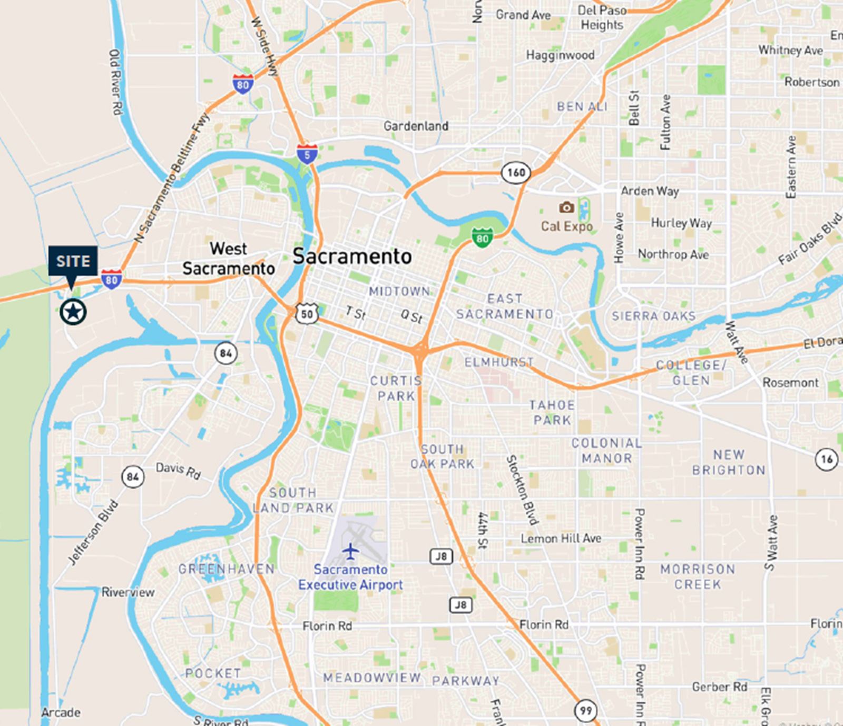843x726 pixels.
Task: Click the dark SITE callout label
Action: point(73,261)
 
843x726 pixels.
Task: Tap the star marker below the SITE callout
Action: point(73,312)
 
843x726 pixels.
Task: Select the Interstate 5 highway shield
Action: point(307,153)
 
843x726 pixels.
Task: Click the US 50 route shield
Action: point(307,314)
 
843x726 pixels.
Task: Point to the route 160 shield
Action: point(515,172)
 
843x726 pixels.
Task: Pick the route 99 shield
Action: point(585,711)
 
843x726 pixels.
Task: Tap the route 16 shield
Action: point(827,460)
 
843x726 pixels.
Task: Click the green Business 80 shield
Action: point(482,237)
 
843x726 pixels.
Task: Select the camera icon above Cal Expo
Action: point(567,207)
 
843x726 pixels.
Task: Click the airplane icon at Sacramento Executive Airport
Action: point(350,551)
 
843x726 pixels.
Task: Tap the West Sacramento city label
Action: point(229,258)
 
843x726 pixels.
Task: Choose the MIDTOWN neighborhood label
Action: point(399,291)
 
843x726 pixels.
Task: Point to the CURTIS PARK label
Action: point(396,388)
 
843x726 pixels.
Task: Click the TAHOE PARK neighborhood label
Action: point(552,412)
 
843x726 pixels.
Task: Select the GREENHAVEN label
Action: point(227,569)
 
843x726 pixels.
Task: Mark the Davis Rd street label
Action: point(178,470)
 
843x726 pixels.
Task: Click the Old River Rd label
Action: point(115,82)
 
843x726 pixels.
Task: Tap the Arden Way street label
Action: point(650,191)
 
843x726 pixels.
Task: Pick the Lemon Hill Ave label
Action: point(561,539)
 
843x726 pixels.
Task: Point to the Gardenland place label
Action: point(416,126)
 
